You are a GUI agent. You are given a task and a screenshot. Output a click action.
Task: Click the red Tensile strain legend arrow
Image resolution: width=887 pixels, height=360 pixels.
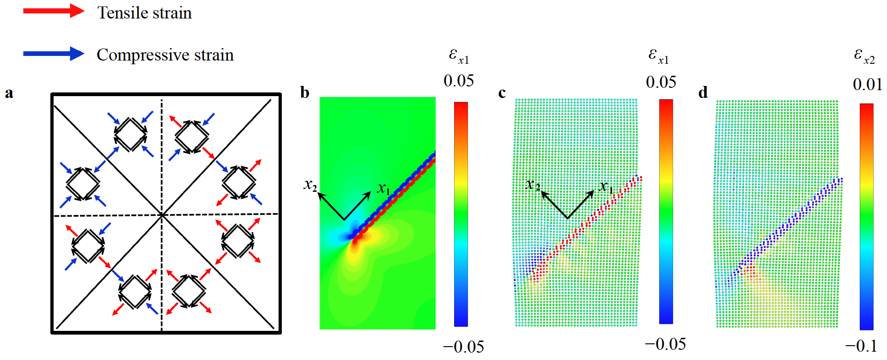[53, 11]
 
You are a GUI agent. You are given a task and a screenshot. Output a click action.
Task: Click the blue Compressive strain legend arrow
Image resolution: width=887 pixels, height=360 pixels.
[53, 54]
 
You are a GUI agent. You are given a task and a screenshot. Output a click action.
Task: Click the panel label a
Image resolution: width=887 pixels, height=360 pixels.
[9, 93]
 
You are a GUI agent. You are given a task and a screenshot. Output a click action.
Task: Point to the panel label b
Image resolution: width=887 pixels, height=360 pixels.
[304, 92]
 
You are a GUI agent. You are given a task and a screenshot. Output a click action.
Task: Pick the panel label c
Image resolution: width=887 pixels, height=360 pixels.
[502, 93]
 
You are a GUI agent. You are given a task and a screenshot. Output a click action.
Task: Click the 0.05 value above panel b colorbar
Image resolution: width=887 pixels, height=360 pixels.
[458, 81]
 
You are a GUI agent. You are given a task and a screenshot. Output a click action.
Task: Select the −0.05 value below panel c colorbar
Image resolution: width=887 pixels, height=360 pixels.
[665, 344]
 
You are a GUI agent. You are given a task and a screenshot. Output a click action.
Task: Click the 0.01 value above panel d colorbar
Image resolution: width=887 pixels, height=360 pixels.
[867, 85]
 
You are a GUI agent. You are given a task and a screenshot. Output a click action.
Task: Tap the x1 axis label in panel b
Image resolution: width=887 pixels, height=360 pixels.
[383, 189]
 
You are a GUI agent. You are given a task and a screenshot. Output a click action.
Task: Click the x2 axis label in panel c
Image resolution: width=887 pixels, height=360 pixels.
[533, 185]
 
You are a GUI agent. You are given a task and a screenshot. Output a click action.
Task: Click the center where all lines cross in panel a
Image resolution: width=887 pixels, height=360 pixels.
[162, 214]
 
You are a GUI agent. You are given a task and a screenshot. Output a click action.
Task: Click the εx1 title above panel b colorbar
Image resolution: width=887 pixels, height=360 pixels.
[459, 56]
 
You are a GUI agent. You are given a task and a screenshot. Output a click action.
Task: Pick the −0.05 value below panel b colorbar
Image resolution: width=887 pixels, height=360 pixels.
[463, 347]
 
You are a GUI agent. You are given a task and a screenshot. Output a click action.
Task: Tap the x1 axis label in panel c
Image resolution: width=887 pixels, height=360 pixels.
[606, 187]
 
